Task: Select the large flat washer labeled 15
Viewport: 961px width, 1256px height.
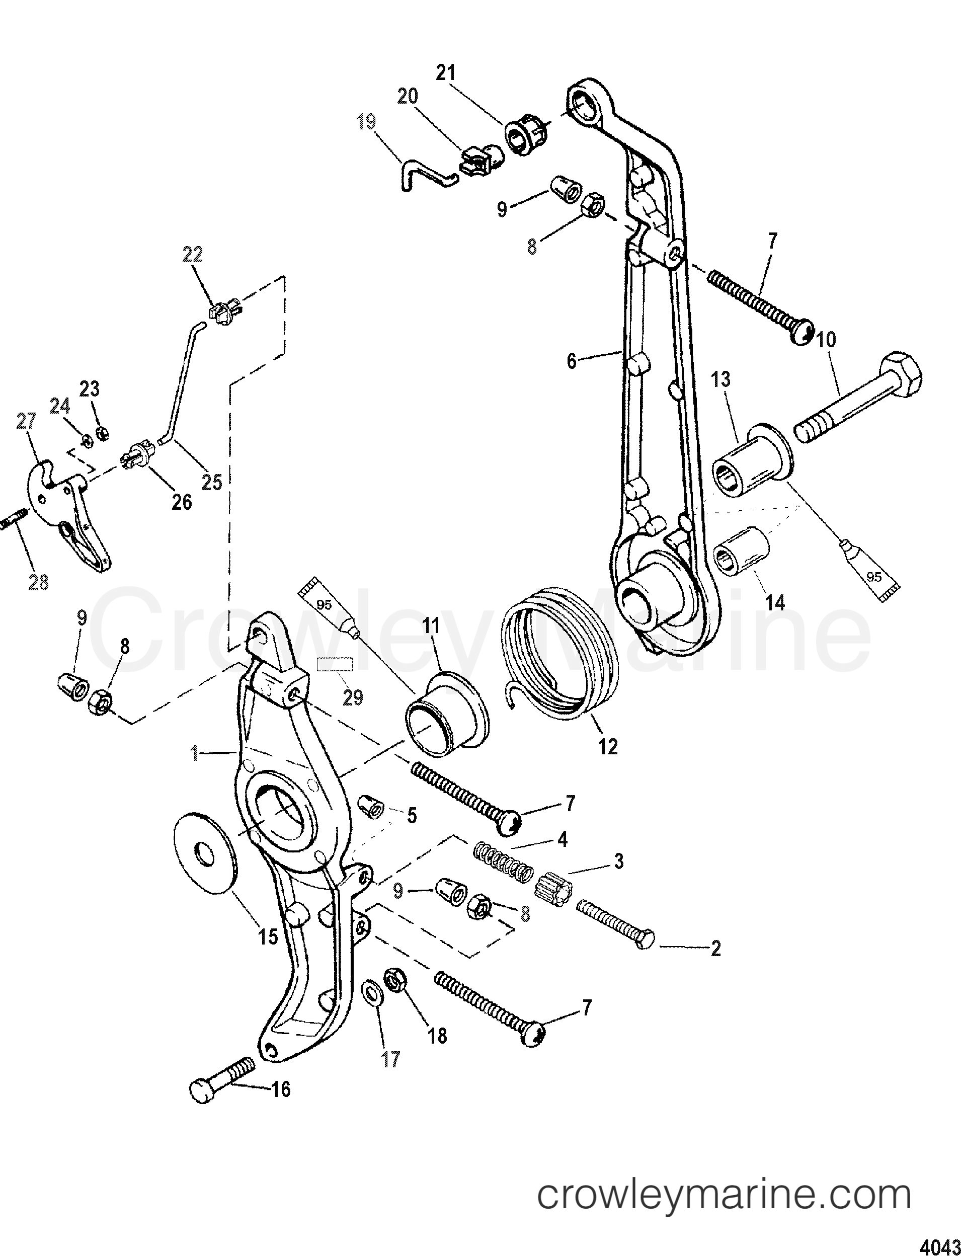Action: pyautogui.click(x=207, y=858)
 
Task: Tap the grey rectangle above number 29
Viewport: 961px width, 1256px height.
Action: pyautogui.click(x=336, y=664)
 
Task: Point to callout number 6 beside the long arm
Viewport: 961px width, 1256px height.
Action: pyautogui.click(x=572, y=361)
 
